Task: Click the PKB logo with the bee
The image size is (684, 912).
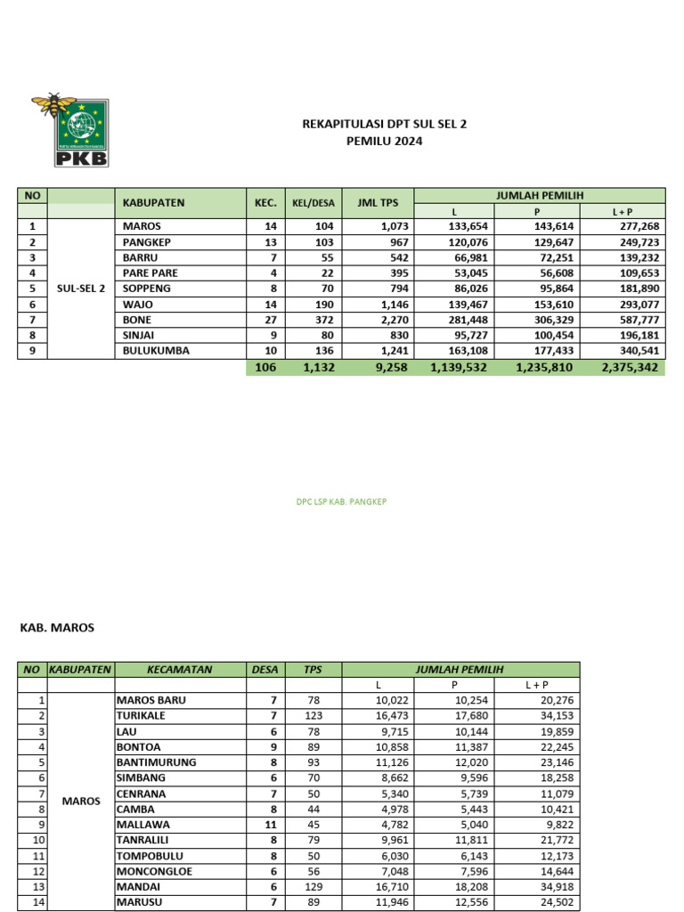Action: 69,130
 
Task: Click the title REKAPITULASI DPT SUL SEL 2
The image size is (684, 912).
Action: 384,125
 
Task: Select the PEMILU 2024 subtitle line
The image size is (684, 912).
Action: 384,141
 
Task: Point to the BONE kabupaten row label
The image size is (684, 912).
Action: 136,320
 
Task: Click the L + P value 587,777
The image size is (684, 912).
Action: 635,320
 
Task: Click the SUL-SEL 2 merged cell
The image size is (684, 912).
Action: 81,289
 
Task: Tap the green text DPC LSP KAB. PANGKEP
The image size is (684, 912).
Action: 341,501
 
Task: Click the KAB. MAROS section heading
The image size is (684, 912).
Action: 57,628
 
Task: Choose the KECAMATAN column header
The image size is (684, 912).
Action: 181,669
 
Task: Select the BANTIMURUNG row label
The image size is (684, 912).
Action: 156,762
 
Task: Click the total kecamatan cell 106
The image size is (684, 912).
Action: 265,367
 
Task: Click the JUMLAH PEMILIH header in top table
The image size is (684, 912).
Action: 540,195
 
